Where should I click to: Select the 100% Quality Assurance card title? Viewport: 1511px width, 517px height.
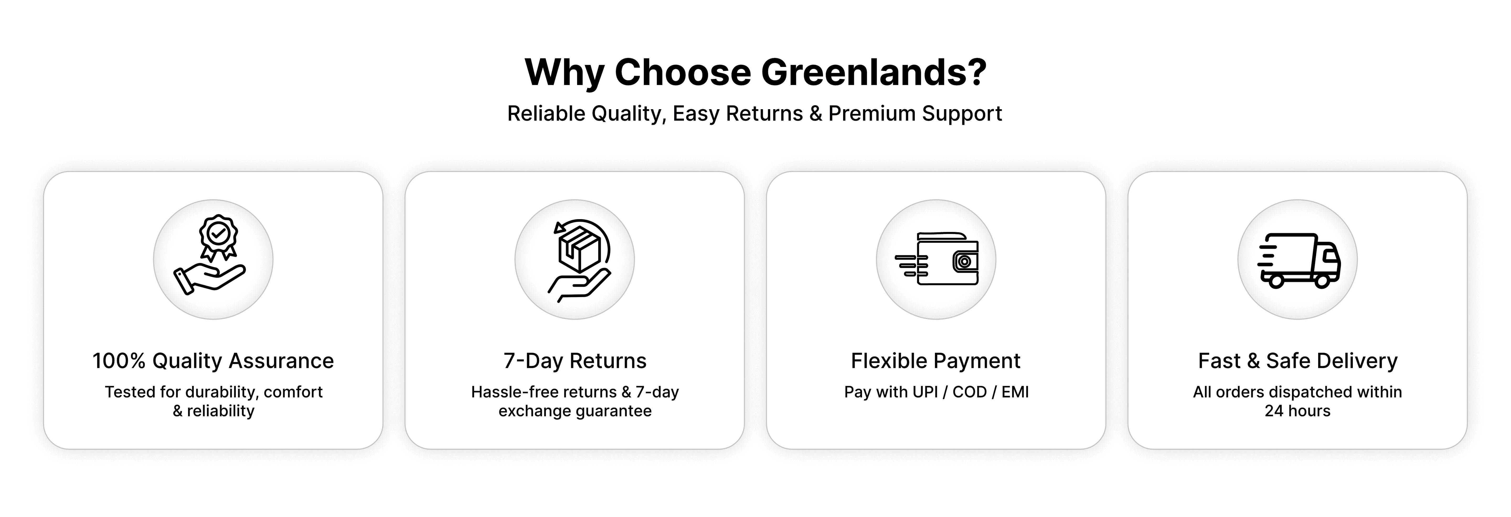pos(213,360)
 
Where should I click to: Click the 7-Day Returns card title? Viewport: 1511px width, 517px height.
pos(575,360)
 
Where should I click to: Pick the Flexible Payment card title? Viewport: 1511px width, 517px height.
pos(935,360)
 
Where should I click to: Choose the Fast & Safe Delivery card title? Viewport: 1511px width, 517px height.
pos(1297,360)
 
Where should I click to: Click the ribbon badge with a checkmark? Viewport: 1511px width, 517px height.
pos(218,237)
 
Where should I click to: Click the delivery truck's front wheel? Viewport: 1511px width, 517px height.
pos(1322,280)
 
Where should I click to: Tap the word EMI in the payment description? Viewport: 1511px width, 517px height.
pos(1015,392)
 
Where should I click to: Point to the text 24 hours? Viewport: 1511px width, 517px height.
pos(1297,411)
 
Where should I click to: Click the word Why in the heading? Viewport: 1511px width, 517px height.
pos(564,73)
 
